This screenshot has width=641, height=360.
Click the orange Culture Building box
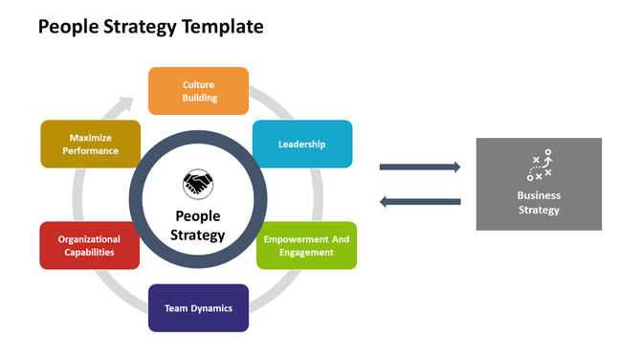198,91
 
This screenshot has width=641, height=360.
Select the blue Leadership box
302,144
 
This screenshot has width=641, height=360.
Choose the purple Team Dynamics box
198,308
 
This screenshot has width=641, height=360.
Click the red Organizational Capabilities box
89,246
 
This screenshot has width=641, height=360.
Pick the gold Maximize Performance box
90,144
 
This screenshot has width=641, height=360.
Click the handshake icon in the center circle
198,182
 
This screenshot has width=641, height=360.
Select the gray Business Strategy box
539,184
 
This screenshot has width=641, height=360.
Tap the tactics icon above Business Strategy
539,166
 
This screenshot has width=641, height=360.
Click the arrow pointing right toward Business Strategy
420,167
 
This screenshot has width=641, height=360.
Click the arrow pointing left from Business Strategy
420,201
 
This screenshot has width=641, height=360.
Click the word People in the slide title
67,27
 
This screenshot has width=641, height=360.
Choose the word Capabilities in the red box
89,253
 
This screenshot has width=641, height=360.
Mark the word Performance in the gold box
90,150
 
